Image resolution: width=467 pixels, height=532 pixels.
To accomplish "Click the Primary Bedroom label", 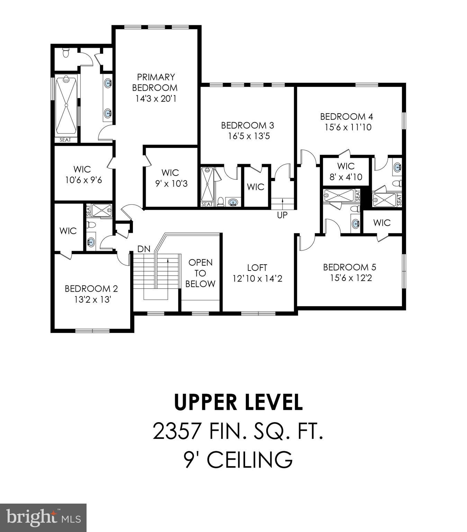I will [x=155, y=82].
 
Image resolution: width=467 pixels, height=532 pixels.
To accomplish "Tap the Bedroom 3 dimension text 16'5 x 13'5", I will [x=249, y=136].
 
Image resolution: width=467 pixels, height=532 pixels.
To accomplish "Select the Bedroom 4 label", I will [x=347, y=116].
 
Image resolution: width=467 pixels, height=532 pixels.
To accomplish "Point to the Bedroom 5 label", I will [x=349, y=267].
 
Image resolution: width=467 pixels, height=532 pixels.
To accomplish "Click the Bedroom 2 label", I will [x=91, y=289].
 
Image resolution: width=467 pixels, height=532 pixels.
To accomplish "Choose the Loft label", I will [x=257, y=267].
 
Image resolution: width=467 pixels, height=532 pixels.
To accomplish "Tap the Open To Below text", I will [x=200, y=273].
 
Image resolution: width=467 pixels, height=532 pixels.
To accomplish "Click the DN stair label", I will [x=144, y=249].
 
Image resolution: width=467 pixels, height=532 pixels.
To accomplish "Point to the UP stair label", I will [x=282, y=215].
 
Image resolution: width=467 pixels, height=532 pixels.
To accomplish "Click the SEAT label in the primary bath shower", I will [x=65, y=140].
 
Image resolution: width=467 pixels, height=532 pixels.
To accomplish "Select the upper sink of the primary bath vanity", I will [x=108, y=83].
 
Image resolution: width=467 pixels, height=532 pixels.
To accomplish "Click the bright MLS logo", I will [x=43, y=518].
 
